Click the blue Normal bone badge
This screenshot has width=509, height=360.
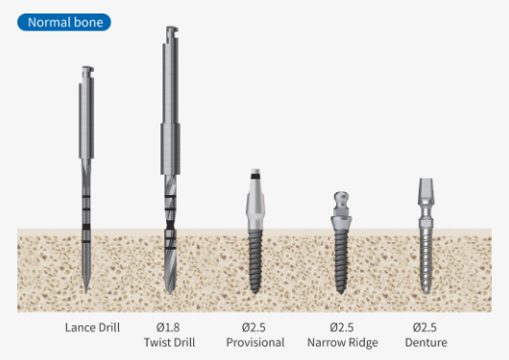pos(64,22)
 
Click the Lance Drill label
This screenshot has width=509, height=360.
pos(92,327)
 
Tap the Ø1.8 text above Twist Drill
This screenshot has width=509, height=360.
pos(168,327)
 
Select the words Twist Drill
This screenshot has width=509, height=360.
pos(169,342)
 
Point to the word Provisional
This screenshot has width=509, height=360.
pos(255,342)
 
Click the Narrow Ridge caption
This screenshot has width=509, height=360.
pos(343,343)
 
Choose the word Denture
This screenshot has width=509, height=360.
pos(425,342)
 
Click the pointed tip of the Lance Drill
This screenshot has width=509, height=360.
pos(86,293)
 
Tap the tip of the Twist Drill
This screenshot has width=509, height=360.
pos(170,293)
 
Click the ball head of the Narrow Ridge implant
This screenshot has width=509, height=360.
pos(341,198)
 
